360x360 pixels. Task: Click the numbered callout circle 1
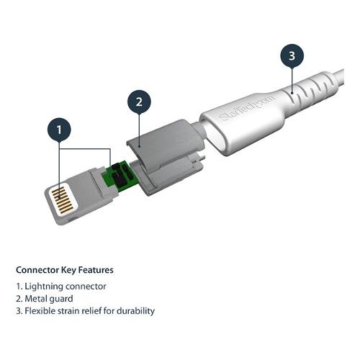pyautogui.click(x=59, y=130)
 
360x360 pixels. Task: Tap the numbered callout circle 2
pyautogui.click(x=139, y=102)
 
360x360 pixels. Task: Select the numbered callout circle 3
pyautogui.click(x=292, y=55)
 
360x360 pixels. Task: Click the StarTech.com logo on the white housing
pyautogui.click(x=247, y=109)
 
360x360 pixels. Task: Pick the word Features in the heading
pyautogui.click(x=96, y=270)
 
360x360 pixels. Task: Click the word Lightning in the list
pyautogui.click(x=44, y=287)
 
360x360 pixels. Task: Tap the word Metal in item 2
pyautogui.click(x=35, y=299)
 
